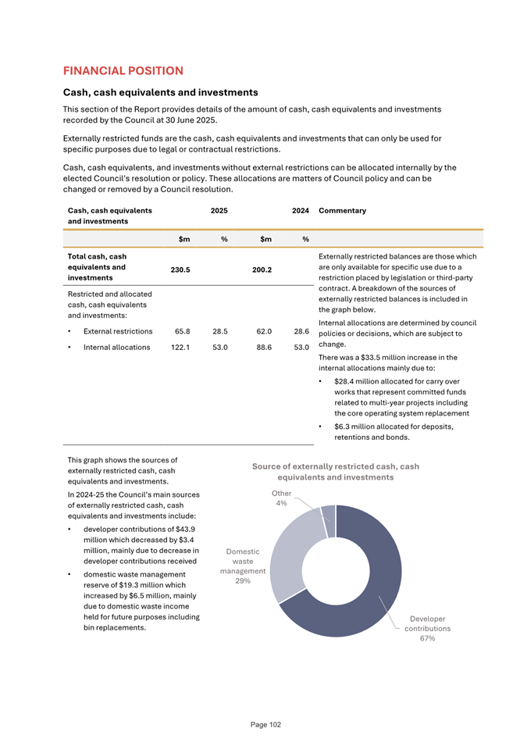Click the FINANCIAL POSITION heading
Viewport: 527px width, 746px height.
pyautogui.click(x=123, y=71)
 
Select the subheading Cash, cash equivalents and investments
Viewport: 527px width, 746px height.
pyautogui.click(x=160, y=92)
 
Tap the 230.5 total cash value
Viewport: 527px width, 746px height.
pyautogui.click(x=181, y=269)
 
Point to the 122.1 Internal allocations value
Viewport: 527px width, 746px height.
pyautogui.click(x=181, y=347)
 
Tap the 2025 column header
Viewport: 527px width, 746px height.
pyautogui.click(x=219, y=210)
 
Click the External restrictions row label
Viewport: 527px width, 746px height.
pyautogui.click(x=117, y=331)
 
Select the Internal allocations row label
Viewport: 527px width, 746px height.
pyautogui.click(x=116, y=347)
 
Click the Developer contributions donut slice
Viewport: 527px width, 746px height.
pyautogui.click(x=375, y=578)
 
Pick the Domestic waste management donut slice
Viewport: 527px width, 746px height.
pyautogui.click(x=293, y=551)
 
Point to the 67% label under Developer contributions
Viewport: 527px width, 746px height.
pyautogui.click(x=427, y=638)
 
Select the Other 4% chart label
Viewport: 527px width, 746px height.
pyautogui.click(x=281, y=498)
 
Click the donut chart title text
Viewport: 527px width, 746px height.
pyautogui.click(x=336, y=472)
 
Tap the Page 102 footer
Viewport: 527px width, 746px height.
pyautogui.click(x=265, y=725)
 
